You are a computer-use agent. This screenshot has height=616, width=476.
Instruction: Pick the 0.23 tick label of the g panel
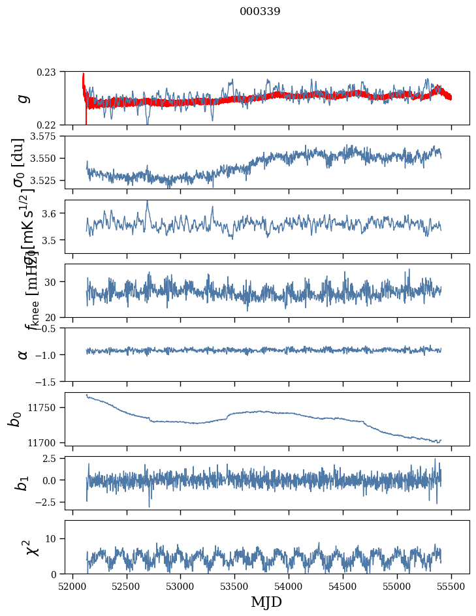49,71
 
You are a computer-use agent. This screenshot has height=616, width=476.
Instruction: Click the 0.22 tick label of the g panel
49,125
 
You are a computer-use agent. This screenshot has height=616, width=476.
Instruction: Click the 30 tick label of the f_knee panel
55,282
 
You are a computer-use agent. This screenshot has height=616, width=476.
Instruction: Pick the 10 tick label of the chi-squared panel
55,538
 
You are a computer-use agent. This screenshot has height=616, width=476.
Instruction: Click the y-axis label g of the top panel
24,98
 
